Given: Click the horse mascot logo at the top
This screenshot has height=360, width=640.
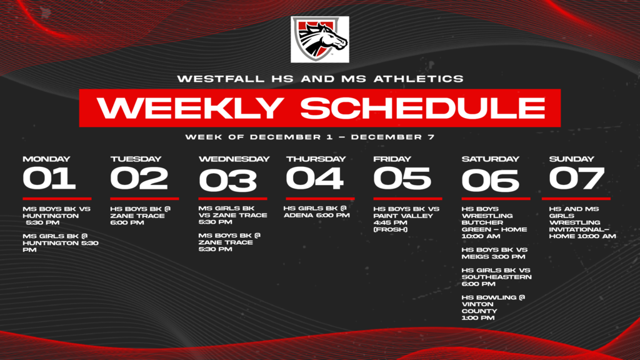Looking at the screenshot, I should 319,39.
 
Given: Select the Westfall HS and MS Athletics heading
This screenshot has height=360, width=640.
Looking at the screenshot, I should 320,79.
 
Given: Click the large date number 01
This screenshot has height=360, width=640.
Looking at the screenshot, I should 49,178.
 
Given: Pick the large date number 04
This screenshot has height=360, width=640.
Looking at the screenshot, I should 314,178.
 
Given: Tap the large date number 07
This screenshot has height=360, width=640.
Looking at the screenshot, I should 576,178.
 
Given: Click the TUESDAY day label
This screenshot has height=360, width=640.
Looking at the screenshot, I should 136,159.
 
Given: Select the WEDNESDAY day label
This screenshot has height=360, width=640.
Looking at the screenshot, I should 234,159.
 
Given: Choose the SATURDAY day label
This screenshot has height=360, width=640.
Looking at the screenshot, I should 490,159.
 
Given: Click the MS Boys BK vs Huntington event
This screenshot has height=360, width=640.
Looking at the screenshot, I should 56,216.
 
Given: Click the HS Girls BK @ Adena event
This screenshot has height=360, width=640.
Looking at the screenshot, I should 316,212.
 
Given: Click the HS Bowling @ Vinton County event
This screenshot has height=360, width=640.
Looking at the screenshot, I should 493,307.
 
